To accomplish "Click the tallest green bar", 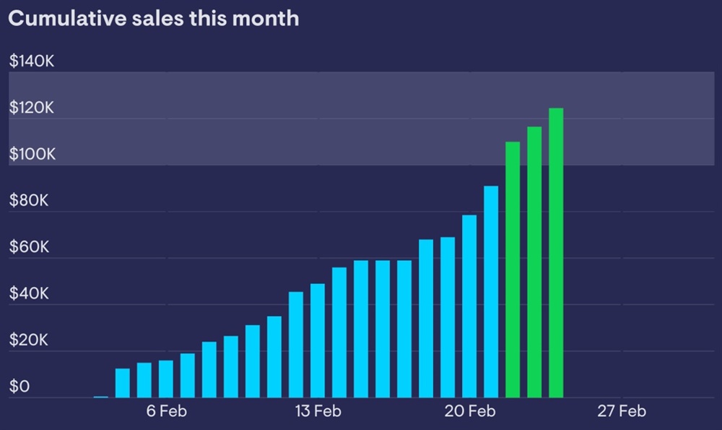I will pos(556,253).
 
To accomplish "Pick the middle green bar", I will pos(534,262).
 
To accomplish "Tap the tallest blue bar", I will pos(491,292).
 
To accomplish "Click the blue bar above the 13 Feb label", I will pos(318,340).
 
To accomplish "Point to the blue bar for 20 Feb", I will pos(469,306).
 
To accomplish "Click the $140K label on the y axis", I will pos(32,61).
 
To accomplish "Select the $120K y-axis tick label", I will pos(32,108).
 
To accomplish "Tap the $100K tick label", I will pos(32,155).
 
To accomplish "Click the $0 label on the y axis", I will pos(20,387).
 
